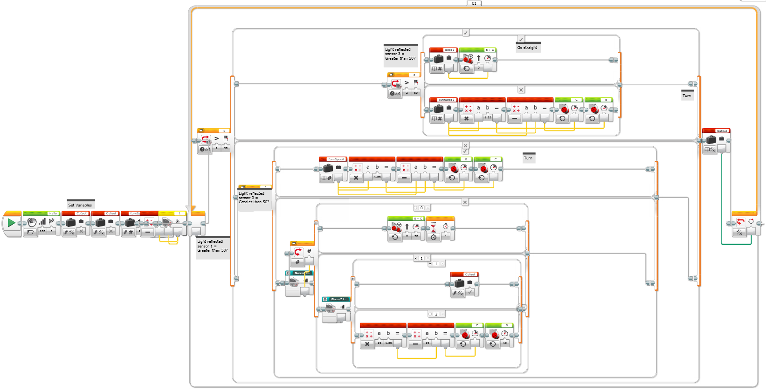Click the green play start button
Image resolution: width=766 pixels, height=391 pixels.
11,223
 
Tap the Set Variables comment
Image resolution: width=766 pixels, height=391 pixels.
80,205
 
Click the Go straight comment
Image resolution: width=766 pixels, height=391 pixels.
527,48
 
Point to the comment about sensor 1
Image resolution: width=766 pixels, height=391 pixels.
213,246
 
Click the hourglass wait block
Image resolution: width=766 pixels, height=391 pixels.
440,228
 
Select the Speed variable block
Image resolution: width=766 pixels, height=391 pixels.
443,60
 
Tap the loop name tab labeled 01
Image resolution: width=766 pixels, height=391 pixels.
474,3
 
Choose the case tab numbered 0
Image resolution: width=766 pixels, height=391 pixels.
421,208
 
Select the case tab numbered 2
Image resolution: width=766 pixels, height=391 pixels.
436,314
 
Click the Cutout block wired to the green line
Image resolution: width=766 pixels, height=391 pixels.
716,141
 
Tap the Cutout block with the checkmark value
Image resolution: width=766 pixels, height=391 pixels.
464,284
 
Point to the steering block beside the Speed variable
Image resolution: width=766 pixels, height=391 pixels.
478,60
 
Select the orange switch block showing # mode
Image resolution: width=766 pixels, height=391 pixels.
302,254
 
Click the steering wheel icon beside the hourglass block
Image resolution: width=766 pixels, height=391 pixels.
397,226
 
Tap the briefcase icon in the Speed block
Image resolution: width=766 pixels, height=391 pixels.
439,59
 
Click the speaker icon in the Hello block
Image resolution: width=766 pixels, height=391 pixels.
32,222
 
